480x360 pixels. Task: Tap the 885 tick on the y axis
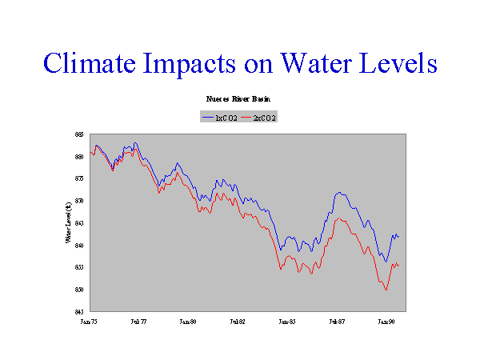coord(80,134)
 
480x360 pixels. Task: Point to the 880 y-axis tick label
coord(80,157)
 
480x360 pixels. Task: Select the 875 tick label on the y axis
coord(80,178)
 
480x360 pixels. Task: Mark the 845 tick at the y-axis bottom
coord(80,311)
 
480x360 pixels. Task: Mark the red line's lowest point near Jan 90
coord(386,290)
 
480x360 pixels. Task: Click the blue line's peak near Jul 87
coord(340,192)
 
